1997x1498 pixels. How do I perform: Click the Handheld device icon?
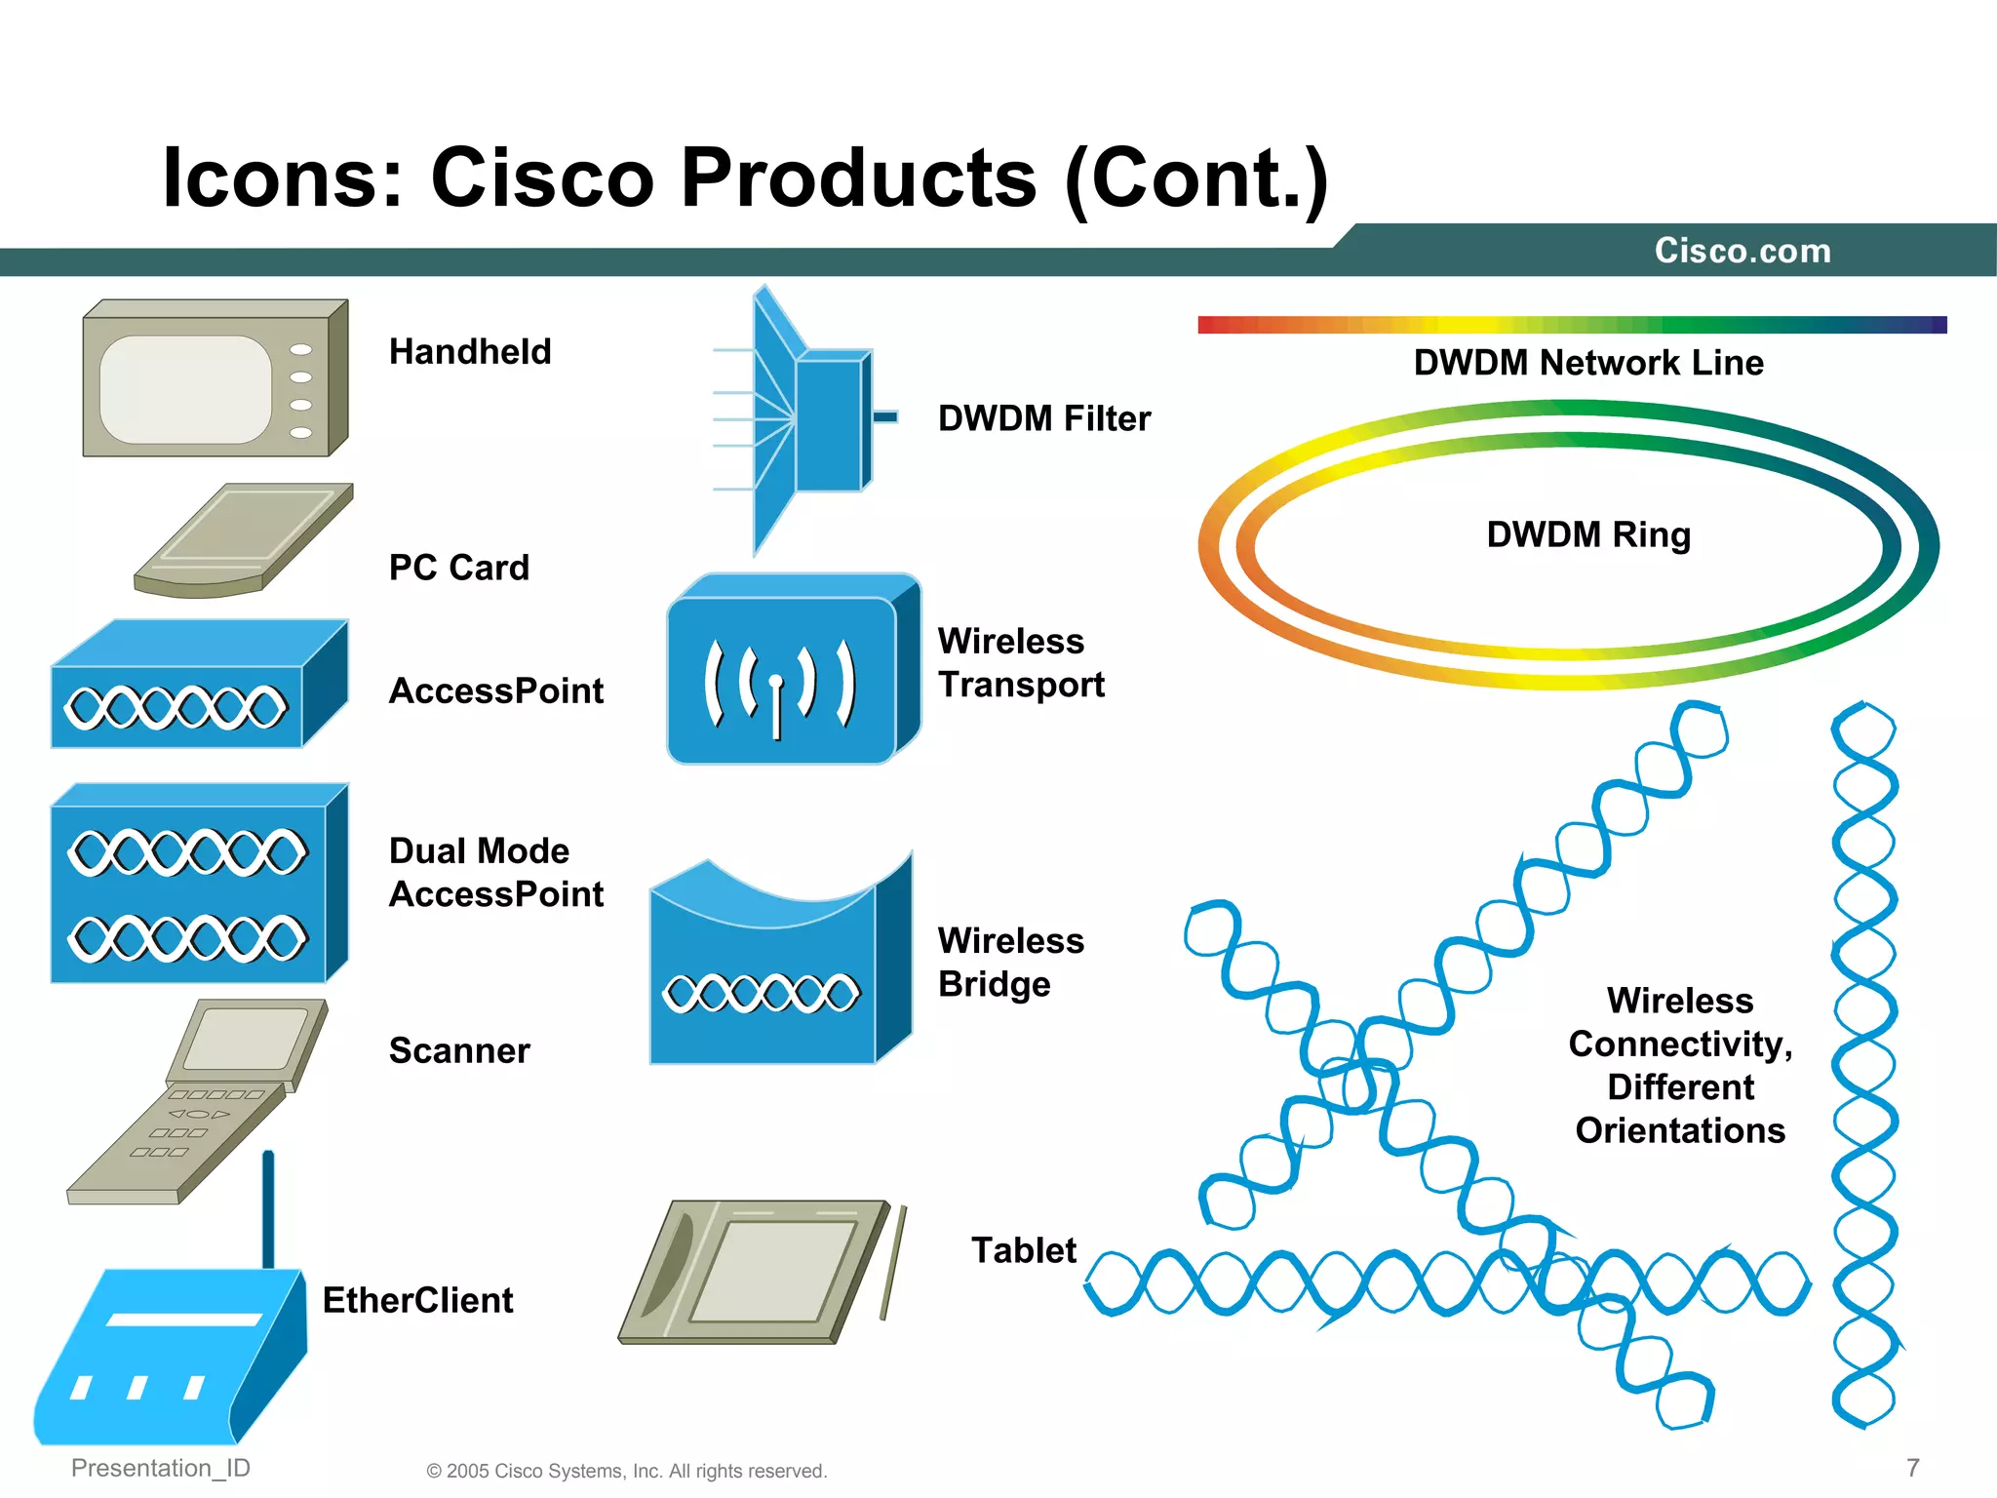[x=215, y=378]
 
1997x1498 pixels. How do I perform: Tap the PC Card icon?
[x=244, y=541]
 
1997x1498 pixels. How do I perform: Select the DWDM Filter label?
[x=1043, y=418]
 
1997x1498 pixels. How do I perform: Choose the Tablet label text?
[x=1023, y=1250]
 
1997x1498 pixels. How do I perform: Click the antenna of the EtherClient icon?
[x=268, y=1209]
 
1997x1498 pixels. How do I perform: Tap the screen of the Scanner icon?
[x=246, y=1037]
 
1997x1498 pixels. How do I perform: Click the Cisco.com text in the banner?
[x=1742, y=251]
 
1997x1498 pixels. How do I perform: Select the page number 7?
[x=1912, y=1468]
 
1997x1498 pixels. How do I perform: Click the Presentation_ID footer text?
[x=161, y=1468]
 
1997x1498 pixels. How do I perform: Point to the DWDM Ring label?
[x=1588, y=534]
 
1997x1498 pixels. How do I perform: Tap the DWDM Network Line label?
[x=1588, y=363]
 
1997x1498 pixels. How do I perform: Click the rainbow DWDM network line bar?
[x=1572, y=325]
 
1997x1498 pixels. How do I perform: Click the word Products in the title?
[x=858, y=177]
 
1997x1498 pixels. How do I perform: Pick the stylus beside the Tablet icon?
[x=893, y=1263]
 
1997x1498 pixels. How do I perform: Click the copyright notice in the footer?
[x=626, y=1471]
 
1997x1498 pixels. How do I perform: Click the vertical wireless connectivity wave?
[x=1864, y=1063]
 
